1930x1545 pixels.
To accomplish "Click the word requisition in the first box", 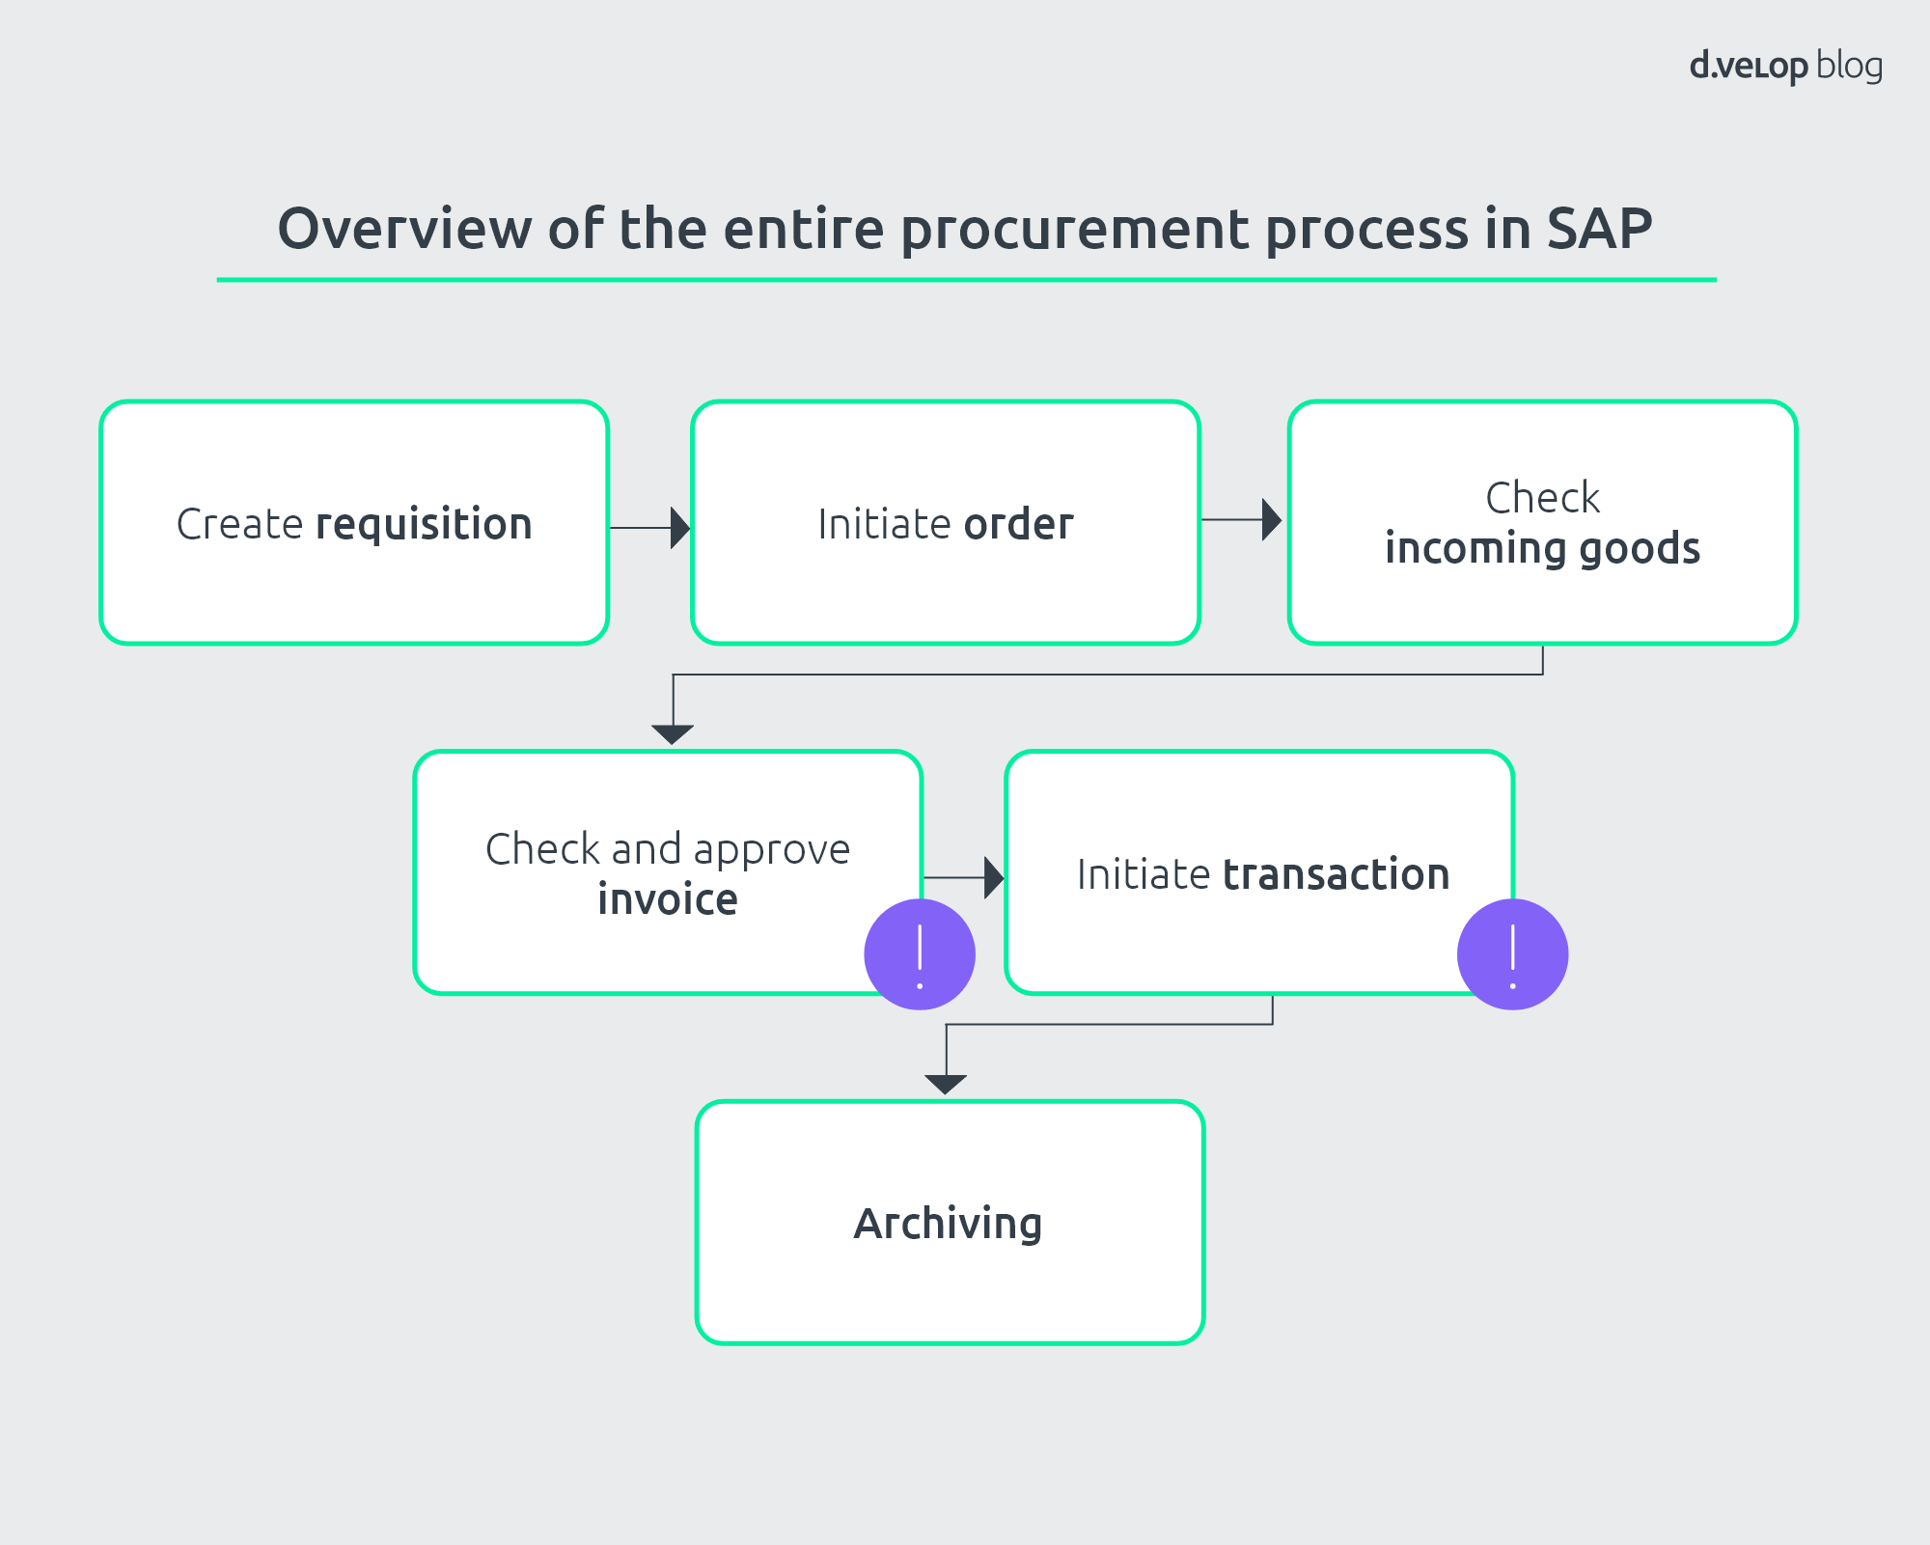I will point(424,525).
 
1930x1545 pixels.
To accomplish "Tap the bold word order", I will point(1018,525).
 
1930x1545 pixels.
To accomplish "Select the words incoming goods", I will point(1542,548).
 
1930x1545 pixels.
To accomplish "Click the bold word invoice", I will point(668,899).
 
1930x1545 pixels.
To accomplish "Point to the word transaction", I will point(1336,874).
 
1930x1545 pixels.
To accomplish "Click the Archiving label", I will point(948,1224).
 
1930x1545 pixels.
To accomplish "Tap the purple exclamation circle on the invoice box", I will point(920,954).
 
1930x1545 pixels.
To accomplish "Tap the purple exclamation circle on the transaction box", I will point(1512,954).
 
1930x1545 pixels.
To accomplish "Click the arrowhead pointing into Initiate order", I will point(680,528).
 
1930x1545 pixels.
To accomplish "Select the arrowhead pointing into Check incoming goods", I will point(1271,520).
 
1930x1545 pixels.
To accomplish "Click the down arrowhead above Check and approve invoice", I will point(673,734).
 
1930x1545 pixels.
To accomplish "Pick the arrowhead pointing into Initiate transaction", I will point(993,878).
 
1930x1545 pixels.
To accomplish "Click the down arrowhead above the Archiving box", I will point(946,1084).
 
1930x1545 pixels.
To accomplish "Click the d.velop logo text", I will point(1748,67).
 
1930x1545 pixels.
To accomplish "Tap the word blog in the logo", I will point(1849,66).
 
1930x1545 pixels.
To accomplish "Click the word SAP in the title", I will point(1599,230).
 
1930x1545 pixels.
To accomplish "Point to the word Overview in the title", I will point(404,230).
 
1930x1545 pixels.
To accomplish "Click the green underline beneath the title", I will point(965,280).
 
